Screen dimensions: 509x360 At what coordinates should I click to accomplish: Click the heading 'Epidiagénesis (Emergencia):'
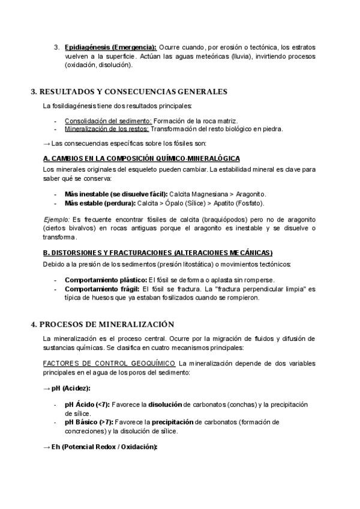pos(110,47)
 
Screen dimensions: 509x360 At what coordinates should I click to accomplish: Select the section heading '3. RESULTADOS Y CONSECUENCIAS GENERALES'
pos(128,92)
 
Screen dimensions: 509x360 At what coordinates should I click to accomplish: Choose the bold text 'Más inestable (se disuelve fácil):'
pos(116,194)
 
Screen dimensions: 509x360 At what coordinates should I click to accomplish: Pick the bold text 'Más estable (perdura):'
pos(99,203)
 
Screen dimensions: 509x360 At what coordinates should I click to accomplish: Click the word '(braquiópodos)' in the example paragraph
pos(214,220)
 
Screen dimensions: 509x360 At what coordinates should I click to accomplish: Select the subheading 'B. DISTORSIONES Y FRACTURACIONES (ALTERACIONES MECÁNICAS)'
pos(158,252)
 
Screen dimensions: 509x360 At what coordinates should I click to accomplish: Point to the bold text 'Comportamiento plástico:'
pos(106,280)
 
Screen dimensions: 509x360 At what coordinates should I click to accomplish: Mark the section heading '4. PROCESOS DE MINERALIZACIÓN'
pos(102,324)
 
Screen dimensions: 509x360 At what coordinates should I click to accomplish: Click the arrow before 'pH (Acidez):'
pos(47,388)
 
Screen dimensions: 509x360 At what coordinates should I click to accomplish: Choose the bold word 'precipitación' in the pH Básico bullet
pos(175,422)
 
